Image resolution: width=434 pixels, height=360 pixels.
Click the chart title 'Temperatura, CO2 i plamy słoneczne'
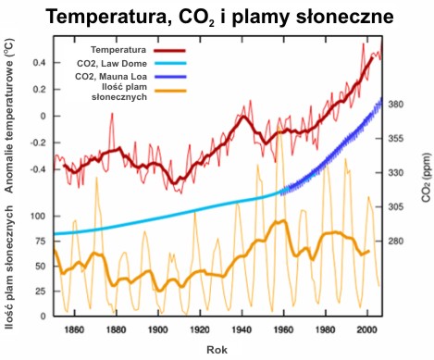click(217, 17)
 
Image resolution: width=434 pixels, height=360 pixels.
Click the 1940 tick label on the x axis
click(242, 329)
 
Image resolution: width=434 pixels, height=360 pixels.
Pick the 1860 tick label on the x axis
click(75, 329)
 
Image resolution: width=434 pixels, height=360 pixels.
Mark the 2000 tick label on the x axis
click(367, 329)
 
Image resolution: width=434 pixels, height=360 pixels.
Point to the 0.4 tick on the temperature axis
click(40, 62)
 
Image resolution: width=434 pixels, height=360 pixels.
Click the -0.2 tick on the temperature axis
click(38, 143)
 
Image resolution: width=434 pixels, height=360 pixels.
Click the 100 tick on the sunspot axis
click(38, 216)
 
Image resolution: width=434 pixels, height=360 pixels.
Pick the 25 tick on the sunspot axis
click(41, 291)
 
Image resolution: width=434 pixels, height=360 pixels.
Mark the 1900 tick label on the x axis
click(158, 329)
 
